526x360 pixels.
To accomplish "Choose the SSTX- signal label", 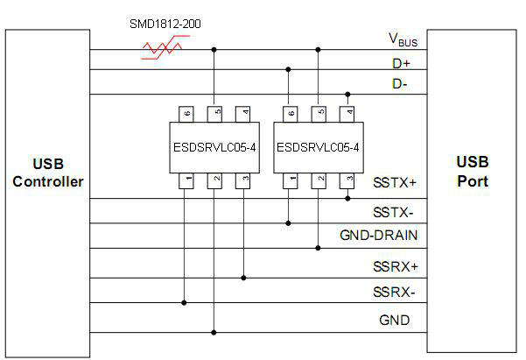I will (394, 213).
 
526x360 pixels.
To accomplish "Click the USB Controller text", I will (48, 173).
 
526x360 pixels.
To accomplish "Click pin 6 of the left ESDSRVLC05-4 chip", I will (186, 113).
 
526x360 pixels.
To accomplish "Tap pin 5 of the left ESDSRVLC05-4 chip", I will (214, 113).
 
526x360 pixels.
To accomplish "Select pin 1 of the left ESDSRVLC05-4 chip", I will (186, 180).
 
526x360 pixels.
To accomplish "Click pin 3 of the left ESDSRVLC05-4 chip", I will (243, 180).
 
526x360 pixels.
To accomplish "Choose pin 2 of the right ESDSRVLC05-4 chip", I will (319, 180).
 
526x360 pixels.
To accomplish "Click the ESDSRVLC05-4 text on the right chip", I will (317, 146).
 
